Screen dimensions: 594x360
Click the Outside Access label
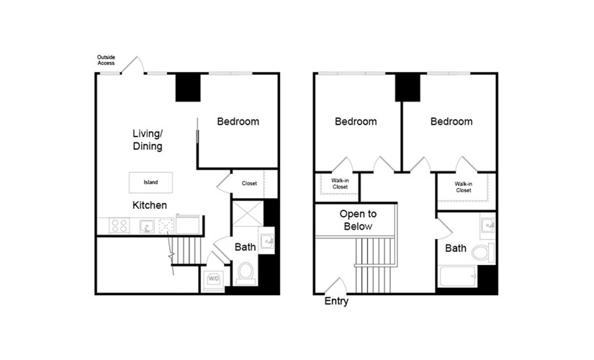[x=106, y=60]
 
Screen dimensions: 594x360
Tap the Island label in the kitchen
[x=150, y=182]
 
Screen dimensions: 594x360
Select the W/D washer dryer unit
[x=214, y=279]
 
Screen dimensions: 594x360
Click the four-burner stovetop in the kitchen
[x=119, y=226]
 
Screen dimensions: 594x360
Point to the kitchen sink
[x=147, y=226]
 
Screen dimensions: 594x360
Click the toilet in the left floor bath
[x=246, y=273]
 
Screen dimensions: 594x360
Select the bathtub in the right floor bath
[x=458, y=276]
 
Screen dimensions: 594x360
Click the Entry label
[x=336, y=301]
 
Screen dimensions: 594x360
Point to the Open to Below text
[x=358, y=220]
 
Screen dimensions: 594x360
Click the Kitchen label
[x=150, y=205]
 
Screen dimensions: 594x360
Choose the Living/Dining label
[x=148, y=140]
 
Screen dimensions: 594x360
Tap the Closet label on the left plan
[x=249, y=184]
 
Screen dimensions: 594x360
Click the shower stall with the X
[x=248, y=214]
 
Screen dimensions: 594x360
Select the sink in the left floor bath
[x=266, y=241]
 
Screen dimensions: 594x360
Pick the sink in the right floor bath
[x=487, y=226]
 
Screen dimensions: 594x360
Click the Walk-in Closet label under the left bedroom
[x=340, y=184]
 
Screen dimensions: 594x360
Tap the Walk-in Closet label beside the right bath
[x=464, y=187]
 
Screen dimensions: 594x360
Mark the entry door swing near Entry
[x=336, y=285]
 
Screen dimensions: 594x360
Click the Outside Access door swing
[x=133, y=64]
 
